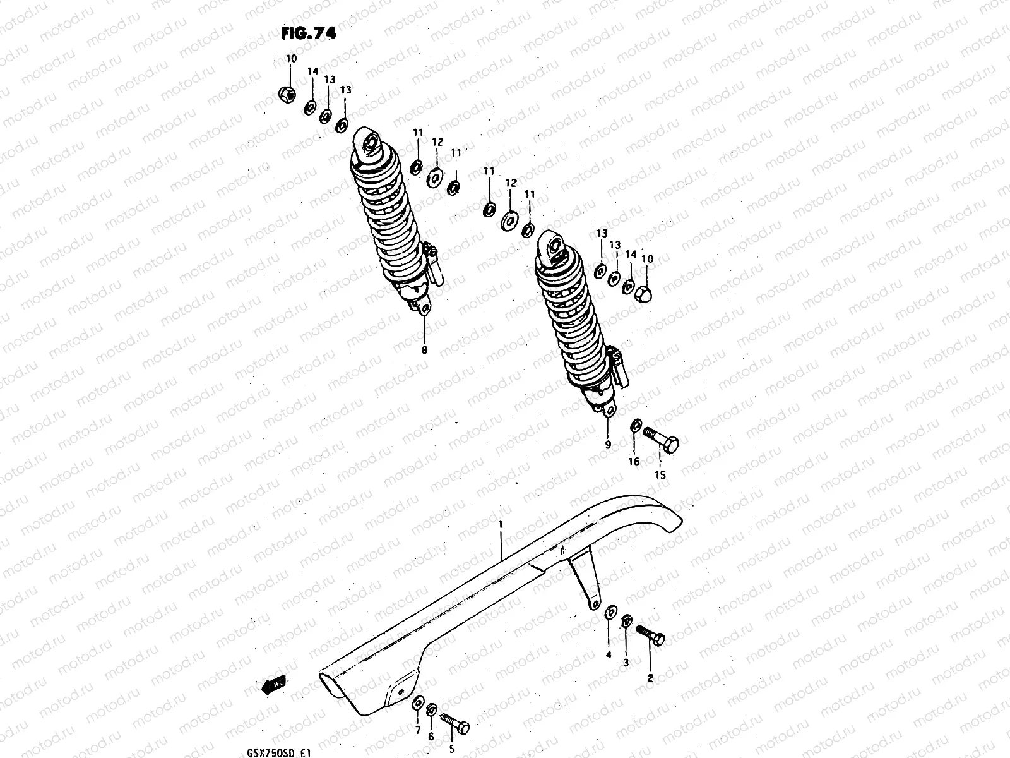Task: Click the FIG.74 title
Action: (x=309, y=33)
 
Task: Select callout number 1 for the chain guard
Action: (x=500, y=524)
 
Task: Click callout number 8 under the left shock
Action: (x=424, y=349)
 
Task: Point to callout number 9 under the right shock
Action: (x=608, y=444)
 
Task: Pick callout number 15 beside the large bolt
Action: (x=659, y=475)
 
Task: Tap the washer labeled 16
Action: (x=636, y=427)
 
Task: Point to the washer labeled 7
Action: (x=418, y=704)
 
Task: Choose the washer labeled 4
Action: (x=610, y=611)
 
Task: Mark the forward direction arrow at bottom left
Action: (x=273, y=683)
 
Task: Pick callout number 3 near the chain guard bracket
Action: (x=626, y=663)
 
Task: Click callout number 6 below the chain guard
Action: (x=431, y=737)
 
